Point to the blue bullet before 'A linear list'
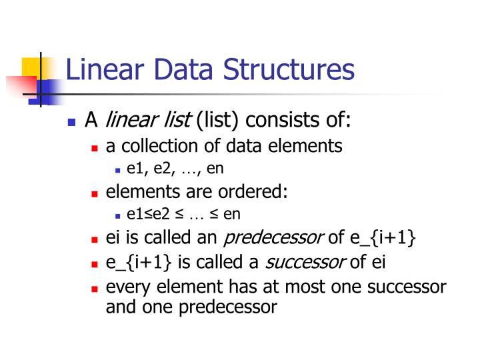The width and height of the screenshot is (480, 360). pyautogui.click(x=73, y=123)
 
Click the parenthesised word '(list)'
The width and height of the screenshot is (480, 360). pyautogui.click(x=217, y=121)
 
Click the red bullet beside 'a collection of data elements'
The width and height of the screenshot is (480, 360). pyautogui.click(x=95, y=147)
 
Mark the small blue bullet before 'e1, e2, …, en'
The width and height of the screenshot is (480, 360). pyautogui.click(x=117, y=170)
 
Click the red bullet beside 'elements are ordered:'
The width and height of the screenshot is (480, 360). pyautogui.click(x=95, y=194)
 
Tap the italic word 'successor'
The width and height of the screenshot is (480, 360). pyautogui.click(x=305, y=262)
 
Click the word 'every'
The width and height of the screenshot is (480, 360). pyautogui.click(x=124, y=287)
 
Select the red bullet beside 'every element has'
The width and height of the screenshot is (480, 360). pyautogui.click(x=95, y=289)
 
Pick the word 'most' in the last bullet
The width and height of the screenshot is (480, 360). pyautogui.click(x=307, y=287)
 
